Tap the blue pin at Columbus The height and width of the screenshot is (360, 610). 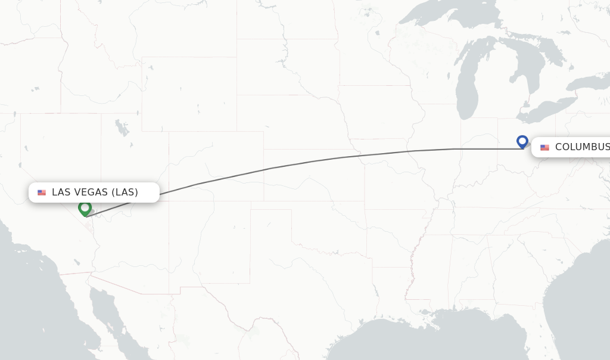point(522,142)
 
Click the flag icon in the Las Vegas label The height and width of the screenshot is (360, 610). point(42,193)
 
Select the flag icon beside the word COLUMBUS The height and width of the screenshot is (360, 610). point(544,147)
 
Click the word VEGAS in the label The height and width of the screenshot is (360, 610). point(89,193)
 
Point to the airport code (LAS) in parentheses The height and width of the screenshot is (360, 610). point(125,193)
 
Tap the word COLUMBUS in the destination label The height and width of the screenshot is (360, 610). point(582,147)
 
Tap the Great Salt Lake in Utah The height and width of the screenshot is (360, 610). point(122,127)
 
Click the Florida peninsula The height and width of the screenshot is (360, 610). point(572,334)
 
